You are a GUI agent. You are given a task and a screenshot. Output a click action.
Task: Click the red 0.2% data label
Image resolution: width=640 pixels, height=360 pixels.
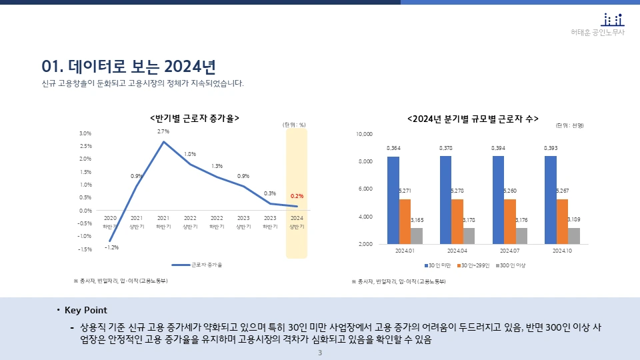pyautogui.click(x=297, y=196)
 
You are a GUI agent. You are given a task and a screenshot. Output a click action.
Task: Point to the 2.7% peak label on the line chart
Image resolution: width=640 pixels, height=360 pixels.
pyautogui.click(x=163, y=132)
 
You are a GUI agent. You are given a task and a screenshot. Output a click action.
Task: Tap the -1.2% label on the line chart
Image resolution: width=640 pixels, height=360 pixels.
pyautogui.click(x=111, y=247)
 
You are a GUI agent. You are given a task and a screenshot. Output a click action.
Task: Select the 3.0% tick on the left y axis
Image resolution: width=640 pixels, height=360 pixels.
pyautogui.click(x=85, y=133)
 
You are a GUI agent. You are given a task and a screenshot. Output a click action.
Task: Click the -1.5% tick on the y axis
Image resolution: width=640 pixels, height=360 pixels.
pyautogui.click(x=85, y=249)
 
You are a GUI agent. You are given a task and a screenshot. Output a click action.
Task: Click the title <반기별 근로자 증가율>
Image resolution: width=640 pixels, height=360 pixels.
pyautogui.click(x=195, y=118)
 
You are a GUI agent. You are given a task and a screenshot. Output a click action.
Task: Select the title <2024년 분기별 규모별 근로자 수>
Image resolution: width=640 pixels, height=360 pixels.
pyautogui.click(x=473, y=118)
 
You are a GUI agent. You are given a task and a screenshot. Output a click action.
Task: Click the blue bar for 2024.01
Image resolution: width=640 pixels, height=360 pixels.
pyautogui.click(x=393, y=200)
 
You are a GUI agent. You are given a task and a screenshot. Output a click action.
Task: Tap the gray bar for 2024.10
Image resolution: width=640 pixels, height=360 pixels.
pyautogui.click(x=573, y=236)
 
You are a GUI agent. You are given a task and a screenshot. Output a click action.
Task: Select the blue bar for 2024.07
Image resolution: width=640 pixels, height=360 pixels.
pyautogui.click(x=498, y=200)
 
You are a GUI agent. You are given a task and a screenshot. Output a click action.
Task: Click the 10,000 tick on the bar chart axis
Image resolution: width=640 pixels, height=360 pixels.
pyautogui.click(x=363, y=134)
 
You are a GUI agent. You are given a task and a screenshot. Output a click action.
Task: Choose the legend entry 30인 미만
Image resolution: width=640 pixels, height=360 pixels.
pyautogui.click(x=439, y=265)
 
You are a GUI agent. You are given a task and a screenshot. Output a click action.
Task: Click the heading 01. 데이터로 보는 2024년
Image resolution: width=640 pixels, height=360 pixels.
pyautogui.click(x=128, y=66)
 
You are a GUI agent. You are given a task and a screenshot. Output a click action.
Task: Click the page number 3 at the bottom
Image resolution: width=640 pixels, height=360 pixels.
pyautogui.click(x=320, y=353)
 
